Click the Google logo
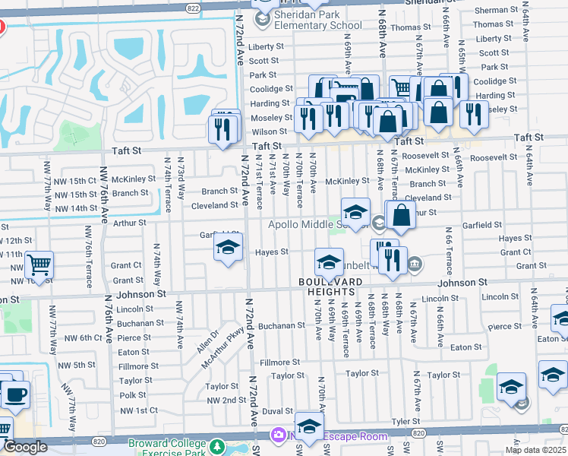pyautogui.click(x=25, y=447)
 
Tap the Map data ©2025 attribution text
pyautogui.click(x=535, y=450)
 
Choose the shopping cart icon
pyautogui.click(x=39, y=265)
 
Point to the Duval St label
pyautogui.click(x=277, y=411)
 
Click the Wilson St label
pyautogui.click(x=268, y=131)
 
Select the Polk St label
pyautogui.click(x=132, y=395)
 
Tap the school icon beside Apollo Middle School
pyautogui.click(x=355, y=211)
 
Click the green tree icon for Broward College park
pyautogui.click(x=218, y=445)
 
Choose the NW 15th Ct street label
pyautogui.click(x=82, y=181)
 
